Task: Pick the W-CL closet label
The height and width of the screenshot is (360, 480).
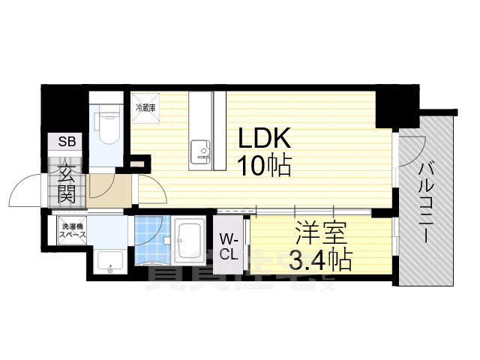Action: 229,245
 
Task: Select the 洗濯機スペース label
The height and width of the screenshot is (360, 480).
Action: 73,229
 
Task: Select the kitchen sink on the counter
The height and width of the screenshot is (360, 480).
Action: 203,151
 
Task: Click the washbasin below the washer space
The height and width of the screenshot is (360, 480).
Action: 111,262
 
